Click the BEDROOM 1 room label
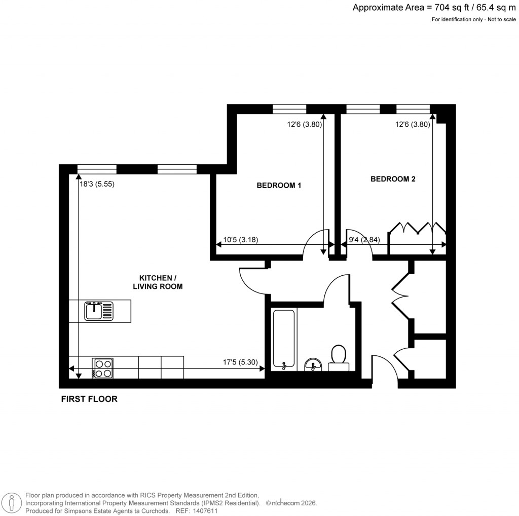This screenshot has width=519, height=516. pos(279,186)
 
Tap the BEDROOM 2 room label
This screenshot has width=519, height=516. pos(393,179)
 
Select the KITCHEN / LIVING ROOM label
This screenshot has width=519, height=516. pos(161,282)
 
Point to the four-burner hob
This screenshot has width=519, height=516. pos(102,368)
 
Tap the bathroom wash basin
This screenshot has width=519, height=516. pos(312,364)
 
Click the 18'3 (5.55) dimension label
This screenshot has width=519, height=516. pos(97,185)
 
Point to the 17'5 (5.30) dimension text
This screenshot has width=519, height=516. pos(241,362)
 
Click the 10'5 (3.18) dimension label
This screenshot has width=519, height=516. pos(241,240)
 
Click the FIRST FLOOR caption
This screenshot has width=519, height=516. pos(89,399)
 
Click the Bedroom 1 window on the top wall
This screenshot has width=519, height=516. pos(289,108)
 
